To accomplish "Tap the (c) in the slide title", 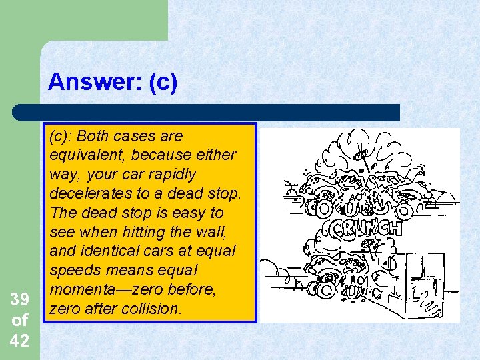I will tap(163, 82).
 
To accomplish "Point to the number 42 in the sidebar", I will tap(19, 340).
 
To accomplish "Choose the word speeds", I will tap(74, 271).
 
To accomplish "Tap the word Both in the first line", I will tap(94, 135).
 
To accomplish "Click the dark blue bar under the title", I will tap(207, 112).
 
